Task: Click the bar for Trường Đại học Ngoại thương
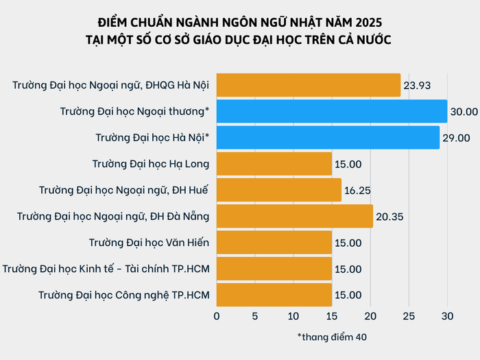point(332,111)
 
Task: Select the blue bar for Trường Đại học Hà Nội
point(328,137)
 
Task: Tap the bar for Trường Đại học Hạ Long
point(274,164)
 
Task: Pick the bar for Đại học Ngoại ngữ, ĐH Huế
point(279,190)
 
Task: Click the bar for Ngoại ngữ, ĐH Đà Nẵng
point(295,216)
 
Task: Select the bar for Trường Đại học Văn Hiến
point(274,242)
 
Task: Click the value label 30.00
point(464,112)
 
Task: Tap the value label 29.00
point(457,138)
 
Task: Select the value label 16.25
point(358,191)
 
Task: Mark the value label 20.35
point(389,217)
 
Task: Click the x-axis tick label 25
point(409,316)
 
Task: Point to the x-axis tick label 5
point(255,316)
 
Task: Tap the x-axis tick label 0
point(217,316)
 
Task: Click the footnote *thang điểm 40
point(332,337)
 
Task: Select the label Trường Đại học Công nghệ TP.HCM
point(124,295)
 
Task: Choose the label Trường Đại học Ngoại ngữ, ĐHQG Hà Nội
point(110,85)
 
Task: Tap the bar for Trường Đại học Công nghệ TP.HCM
point(274,295)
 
